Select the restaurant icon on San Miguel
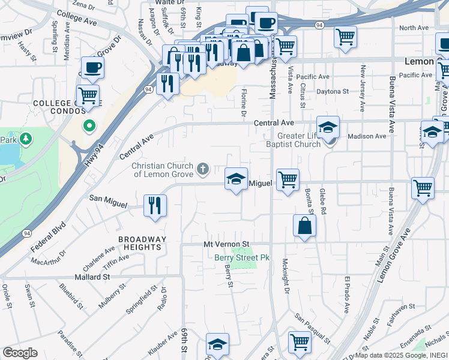point(155,206)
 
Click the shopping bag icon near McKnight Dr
point(304,226)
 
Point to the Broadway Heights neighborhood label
point(142,243)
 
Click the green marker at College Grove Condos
point(89,126)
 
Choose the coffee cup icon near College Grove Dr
point(92,68)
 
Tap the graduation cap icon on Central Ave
point(328,127)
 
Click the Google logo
point(20,353)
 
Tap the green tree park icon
point(26,140)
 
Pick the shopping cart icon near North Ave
point(345,37)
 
